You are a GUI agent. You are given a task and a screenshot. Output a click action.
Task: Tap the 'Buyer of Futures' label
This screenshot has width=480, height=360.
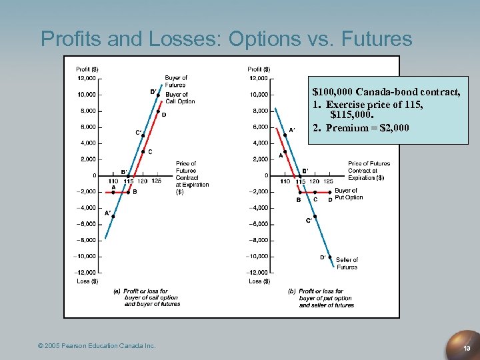tap(176, 81)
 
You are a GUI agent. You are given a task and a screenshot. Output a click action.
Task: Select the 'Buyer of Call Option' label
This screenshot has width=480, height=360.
tap(180, 98)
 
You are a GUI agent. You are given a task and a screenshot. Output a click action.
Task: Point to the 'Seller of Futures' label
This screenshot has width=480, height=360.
tap(347, 263)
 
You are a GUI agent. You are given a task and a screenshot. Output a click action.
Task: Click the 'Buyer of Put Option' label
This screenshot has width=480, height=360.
tap(349, 194)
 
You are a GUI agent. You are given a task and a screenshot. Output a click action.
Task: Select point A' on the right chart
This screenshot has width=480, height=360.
tap(285, 135)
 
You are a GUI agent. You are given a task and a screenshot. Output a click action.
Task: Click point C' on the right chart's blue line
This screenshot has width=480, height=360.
tap(314, 215)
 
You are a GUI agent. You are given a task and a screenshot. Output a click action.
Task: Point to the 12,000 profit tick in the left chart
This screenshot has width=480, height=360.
tap(86, 78)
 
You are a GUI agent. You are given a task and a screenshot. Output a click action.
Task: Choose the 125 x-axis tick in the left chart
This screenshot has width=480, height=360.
tap(157, 181)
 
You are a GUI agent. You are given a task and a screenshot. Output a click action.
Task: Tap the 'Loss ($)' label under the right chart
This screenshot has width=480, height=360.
tap(259, 281)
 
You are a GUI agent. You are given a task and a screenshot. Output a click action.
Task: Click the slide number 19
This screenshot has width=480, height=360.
tap(467, 347)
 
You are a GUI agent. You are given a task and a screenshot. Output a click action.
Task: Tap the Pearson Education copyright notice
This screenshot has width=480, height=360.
tap(97, 345)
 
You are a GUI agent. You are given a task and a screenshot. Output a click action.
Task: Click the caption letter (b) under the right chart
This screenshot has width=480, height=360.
tap(291, 291)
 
